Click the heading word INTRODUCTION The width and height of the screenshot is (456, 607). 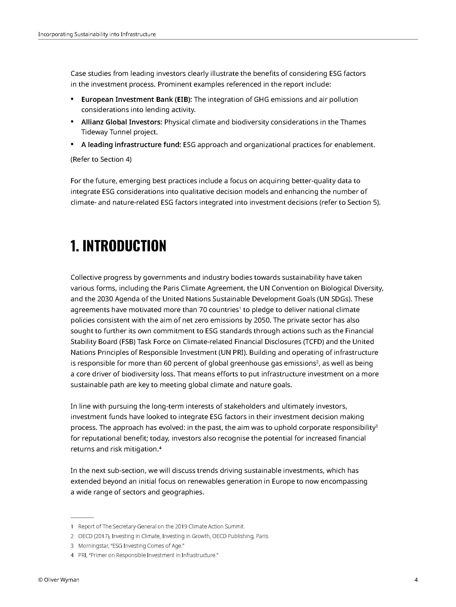pos(124,246)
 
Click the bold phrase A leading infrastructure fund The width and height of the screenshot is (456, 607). pos(130,145)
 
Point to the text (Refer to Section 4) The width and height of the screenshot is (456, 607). pos(101,159)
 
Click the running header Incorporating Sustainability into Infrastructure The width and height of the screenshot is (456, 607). pos(97,34)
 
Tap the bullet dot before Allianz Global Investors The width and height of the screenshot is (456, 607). pos(72,121)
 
